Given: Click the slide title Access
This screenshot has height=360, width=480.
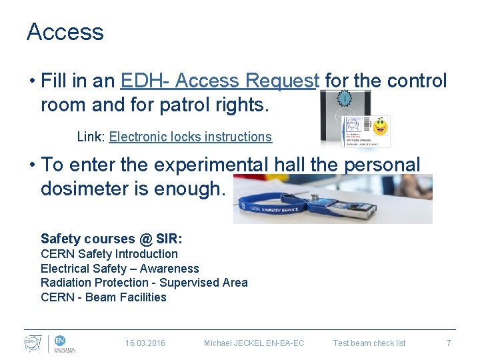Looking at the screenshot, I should [65, 32].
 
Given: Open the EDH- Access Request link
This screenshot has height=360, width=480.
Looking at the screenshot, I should [220, 81].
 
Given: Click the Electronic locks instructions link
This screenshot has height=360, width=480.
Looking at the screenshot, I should [190, 137].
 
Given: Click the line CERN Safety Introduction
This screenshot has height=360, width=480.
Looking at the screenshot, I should [109, 254].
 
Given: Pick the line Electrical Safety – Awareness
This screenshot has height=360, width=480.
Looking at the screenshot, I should [119, 269].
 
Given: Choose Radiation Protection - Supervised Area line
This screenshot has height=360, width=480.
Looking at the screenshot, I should [144, 283].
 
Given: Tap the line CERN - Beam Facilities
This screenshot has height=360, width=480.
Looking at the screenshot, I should [103, 297].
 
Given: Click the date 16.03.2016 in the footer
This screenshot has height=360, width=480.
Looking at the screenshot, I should [145, 343].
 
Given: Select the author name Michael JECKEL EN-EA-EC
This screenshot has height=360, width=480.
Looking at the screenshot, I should [254, 343].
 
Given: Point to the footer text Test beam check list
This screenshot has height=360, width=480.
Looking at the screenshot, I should [369, 343].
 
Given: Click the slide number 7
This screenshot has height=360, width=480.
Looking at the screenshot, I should [449, 343].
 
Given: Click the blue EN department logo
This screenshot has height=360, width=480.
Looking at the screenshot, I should [60, 341].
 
